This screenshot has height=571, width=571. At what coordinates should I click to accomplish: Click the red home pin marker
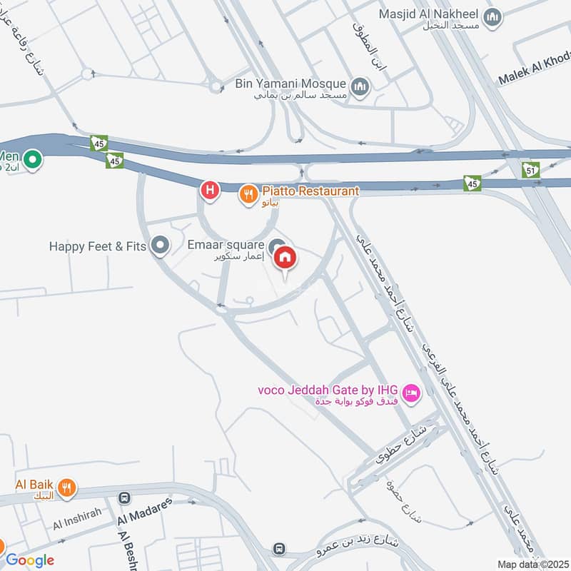tap(285, 258)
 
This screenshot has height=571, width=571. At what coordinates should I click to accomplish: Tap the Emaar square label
tap(226, 245)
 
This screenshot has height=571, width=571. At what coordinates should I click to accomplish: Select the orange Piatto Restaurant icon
tap(248, 192)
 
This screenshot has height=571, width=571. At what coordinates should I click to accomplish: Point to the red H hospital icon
tap(209, 190)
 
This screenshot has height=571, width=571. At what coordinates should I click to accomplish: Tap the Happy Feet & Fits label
tap(97, 246)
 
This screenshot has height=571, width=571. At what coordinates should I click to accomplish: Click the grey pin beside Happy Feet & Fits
tap(161, 247)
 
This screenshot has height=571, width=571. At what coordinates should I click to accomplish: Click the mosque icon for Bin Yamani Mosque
tap(361, 88)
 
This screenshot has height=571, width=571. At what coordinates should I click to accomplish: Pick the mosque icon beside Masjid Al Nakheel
tap(492, 17)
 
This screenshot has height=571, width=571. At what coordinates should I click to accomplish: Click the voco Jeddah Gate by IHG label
tap(328, 390)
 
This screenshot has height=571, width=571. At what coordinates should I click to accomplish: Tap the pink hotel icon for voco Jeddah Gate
tap(411, 392)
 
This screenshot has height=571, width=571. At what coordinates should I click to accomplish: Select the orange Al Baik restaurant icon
tap(66, 487)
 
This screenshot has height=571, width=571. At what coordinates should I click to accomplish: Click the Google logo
tap(30, 560)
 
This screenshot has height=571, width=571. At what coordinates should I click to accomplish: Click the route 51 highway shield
tap(530, 170)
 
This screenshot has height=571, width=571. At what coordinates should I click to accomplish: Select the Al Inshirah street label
tap(76, 518)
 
